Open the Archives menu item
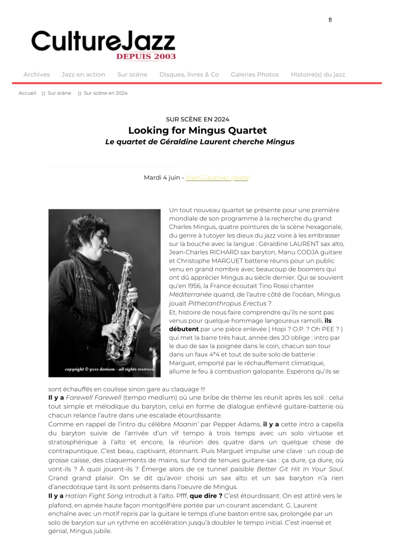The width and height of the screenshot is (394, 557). click(x=36, y=75)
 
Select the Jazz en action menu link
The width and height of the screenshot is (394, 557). click(x=83, y=75)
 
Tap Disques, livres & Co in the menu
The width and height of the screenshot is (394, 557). click(x=189, y=75)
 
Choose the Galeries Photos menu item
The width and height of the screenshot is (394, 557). click(x=255, y=75)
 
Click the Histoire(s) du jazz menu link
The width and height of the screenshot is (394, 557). click(x=318, y=75)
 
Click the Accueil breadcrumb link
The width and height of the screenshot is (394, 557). click(x=27, y=93)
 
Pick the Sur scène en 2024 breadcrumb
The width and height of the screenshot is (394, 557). click(x=106, y=93)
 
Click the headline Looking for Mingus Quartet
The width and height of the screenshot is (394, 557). click(x=198, y=131)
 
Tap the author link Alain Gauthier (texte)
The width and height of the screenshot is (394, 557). click(x=218, y=177)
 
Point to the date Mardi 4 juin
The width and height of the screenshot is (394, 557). click(x=162, y=177)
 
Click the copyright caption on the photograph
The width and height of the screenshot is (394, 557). click(x=109, y=369)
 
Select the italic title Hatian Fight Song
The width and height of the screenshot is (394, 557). click(x=90, y=496)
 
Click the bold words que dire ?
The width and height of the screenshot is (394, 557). click(x=206, y=496)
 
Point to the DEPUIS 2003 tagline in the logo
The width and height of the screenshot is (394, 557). click(x=145, y=56)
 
